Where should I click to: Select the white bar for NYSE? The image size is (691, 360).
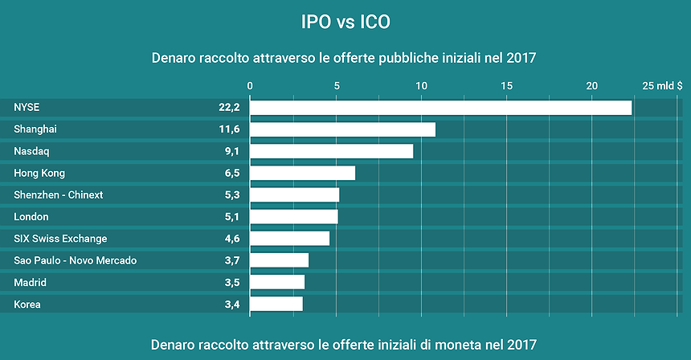pyautogui.click(x=441, y=108)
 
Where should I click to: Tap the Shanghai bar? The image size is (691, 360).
pyautogui.click(x=343, y=129)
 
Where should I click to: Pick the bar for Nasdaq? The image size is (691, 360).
pyautogui.click(x=332, y=151)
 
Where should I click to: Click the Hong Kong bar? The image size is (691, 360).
pyautogui.click(x=303, y=173)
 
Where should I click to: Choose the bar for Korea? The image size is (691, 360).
pyautogui.click(x=277, y=304)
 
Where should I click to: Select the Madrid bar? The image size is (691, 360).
pyautogui.click(x=278, y=282)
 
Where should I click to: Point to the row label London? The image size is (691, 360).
pyautogui.click(x=31, y=217)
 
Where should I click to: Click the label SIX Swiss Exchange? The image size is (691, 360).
pyautogui.click(x=60, y=239)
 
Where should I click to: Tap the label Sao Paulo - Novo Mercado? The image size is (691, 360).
pyautogui.click(x=76, y=260)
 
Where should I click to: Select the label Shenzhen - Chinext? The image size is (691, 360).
pyautogui.click(x=59, y=195)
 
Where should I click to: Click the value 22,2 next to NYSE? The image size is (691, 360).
pyautogui.click(x=228, y=108)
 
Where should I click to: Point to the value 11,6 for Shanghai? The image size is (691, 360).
pyautogui.click(x=228, y=129)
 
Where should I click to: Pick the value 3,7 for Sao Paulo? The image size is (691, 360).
pyautogui.click(x=231, y=260)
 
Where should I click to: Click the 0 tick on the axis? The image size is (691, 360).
pyautogui.click(x=251, y=86)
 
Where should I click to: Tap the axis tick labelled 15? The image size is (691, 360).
pyautogui.click(x=506, y=86)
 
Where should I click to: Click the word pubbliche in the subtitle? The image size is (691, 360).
pyautogui.click(x=387, y=59)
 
